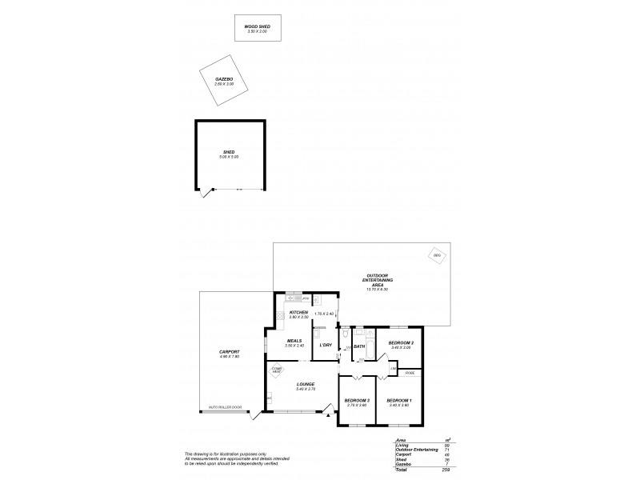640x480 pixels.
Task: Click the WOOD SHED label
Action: point(257,26)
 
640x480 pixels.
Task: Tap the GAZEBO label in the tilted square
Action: point(223,80)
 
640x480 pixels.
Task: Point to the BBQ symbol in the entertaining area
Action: point(437,256)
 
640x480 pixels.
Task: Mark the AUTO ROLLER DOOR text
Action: point(225,407)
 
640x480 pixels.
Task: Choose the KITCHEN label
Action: point(298,313)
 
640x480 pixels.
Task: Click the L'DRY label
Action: point(326,345)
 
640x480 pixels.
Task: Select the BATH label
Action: point(359,346)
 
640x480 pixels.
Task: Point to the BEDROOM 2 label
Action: point(400,342)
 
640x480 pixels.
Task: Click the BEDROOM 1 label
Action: point(398,400)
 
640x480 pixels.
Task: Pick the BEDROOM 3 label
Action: point(356,400)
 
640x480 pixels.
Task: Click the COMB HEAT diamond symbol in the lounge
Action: point(277,370)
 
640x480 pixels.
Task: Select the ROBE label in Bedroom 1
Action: point(410,373)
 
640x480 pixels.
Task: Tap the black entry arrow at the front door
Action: point(327,414)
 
